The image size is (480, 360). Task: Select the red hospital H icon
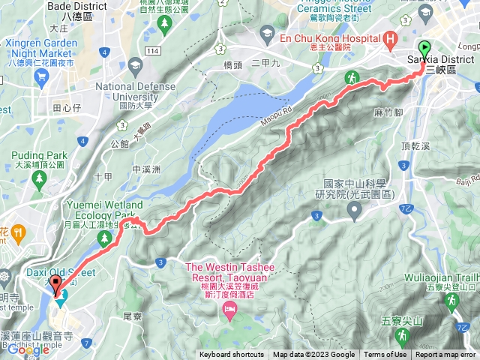point(389,37)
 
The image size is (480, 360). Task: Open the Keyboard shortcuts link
point(232,355)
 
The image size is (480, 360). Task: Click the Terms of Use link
point(385,355)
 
